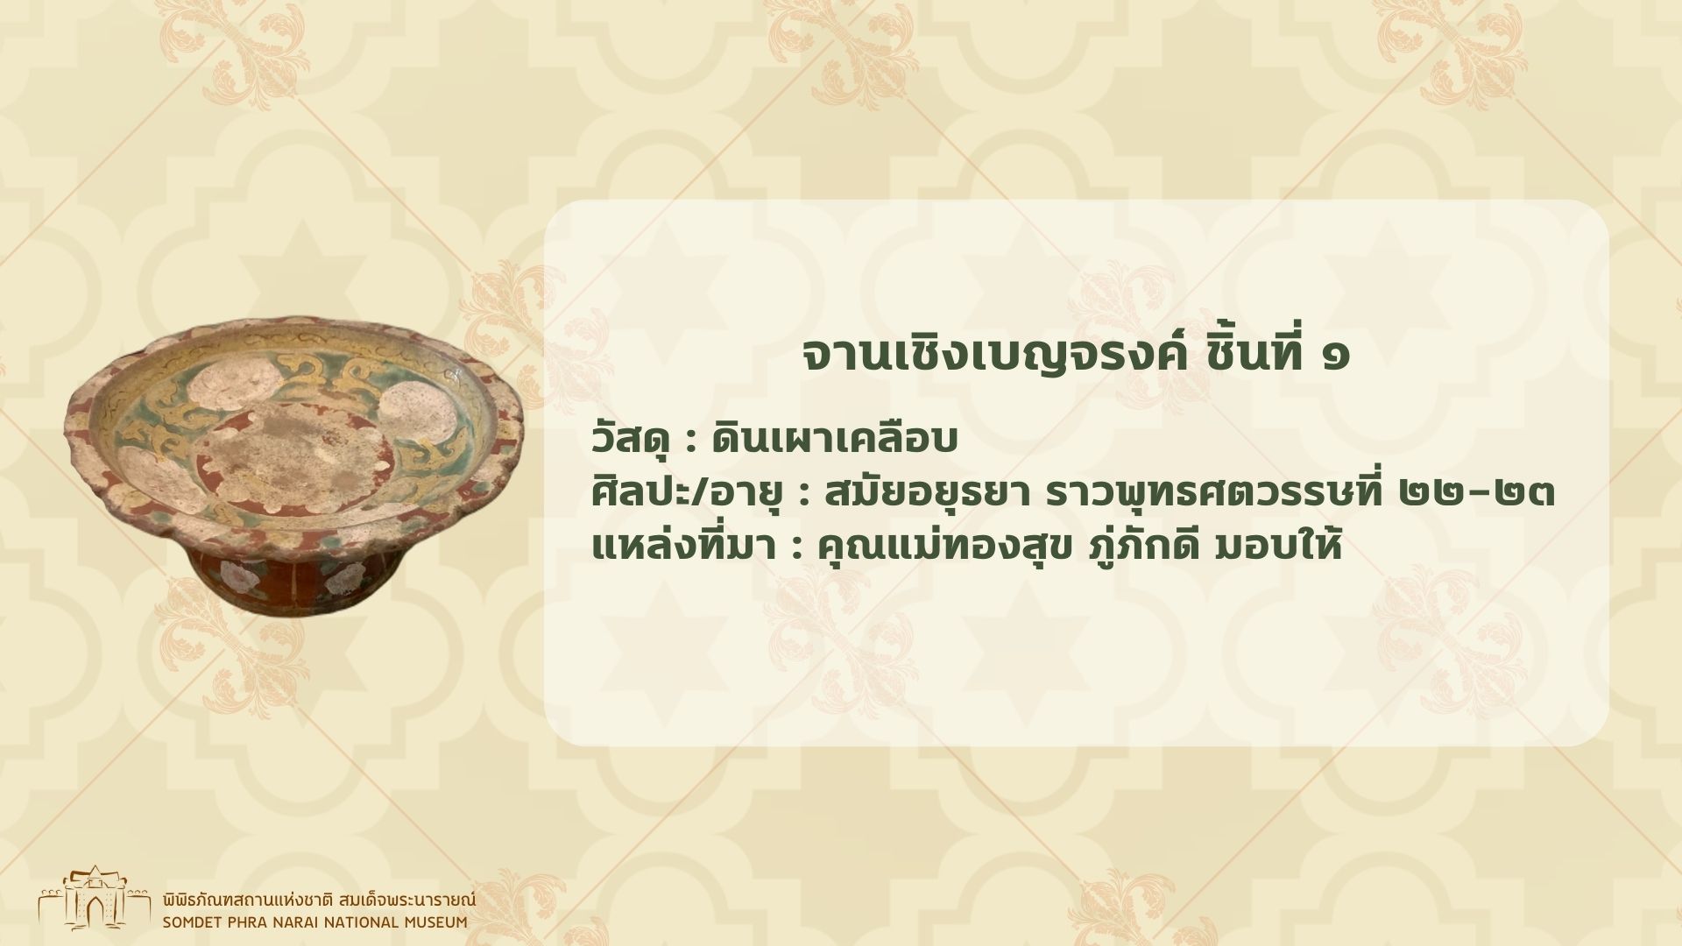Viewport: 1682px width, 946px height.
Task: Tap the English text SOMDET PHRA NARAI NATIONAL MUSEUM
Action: click(x=314, y=921)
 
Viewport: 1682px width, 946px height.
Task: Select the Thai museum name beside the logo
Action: click(x=319, y=900)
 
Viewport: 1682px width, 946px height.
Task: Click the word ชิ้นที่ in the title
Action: click(x=1249, y=355)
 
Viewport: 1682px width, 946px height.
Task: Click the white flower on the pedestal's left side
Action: click(x=234, y=576)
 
